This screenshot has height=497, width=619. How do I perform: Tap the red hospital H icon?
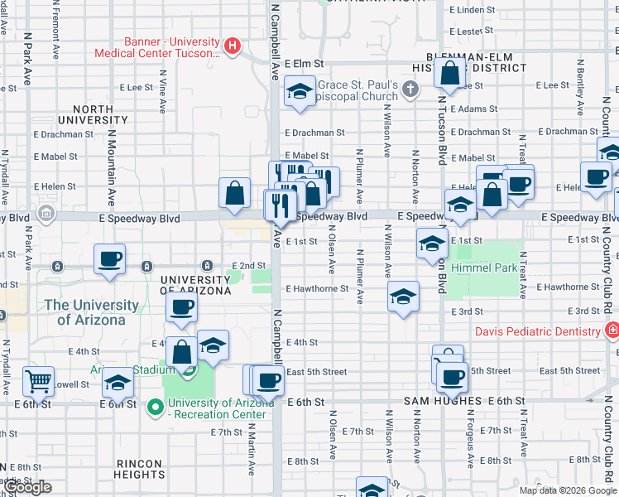click(x=233, y=46)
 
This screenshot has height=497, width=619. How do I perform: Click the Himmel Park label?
click(x=484, y=268)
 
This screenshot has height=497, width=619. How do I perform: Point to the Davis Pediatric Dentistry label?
click(x=537, y=331)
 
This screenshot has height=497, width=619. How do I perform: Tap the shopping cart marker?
click(x=38, y=381)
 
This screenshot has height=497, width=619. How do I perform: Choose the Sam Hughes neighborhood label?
click(x=443, y=401)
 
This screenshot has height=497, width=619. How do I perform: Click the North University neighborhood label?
click(x=94, y=114)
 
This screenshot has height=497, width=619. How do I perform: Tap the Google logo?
click(x=29, y=487)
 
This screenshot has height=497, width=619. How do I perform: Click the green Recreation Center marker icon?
click(x=155, y=407)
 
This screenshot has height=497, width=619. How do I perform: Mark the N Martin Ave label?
click(x=252, y=451)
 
